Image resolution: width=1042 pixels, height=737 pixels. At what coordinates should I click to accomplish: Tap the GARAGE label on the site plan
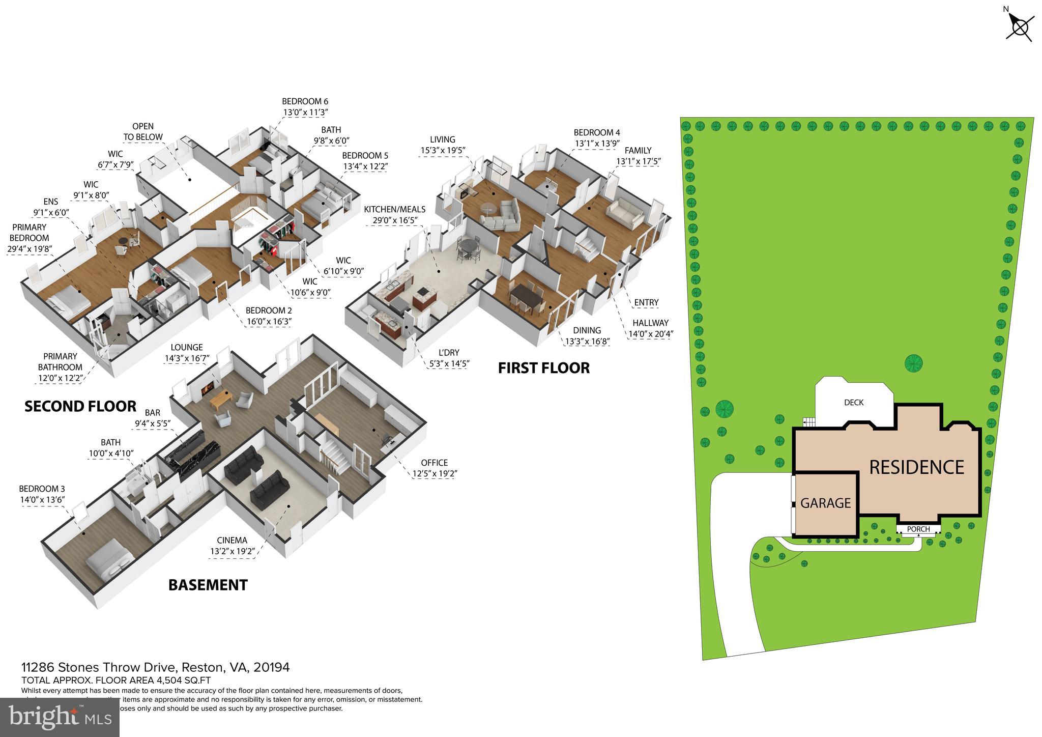coord(825,503)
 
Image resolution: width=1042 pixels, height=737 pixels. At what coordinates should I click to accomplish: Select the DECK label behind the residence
coord(853,403)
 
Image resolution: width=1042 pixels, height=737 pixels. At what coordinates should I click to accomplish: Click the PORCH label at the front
coord(918,529)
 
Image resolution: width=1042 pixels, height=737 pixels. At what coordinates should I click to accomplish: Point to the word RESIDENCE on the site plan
coord(916,467)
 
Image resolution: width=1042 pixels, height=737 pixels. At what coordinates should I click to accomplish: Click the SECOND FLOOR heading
coord(80,406)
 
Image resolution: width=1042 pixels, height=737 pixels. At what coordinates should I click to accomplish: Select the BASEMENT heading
coord(208,585)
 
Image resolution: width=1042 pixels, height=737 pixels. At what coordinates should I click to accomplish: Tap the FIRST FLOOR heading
coord(543,368)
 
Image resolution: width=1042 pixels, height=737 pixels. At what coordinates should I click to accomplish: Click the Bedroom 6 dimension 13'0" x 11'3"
coord(305,112)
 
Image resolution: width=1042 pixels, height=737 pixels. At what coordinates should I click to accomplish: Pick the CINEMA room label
coord(231,541)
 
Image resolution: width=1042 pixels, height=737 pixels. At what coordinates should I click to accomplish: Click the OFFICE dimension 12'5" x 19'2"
coord(435,473)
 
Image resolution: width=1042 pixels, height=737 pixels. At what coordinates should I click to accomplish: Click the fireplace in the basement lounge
coord(206,390)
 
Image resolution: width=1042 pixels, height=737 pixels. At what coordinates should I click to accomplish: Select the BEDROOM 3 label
coord(42,489)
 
